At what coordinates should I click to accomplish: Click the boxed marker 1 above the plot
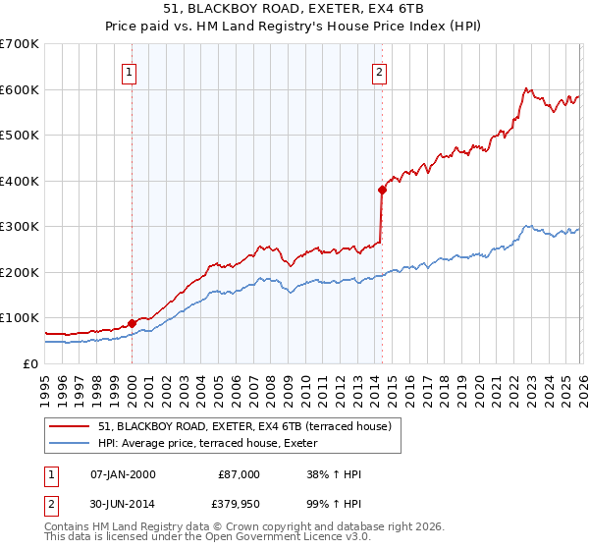coord(131,71)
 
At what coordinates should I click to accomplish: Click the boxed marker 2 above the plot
coord(379,71)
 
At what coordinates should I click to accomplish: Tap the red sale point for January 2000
coord(132,323)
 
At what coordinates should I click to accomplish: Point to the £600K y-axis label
coord(19,89)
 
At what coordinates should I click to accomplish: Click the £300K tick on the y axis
coord(19,227)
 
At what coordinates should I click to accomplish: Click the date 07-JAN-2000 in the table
coord(123,474)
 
